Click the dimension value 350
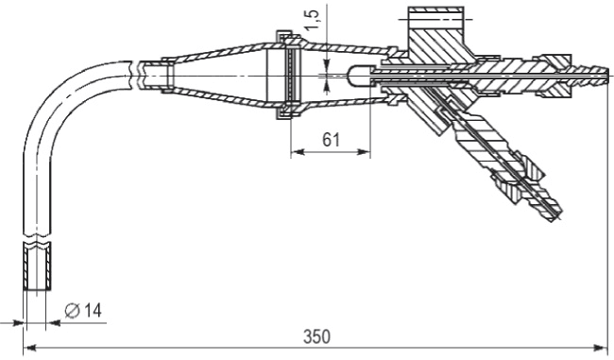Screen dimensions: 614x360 click(x=316, y=336)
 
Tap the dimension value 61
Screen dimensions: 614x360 click(x=331, y=140)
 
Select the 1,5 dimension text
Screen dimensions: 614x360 click(x=312, y=19)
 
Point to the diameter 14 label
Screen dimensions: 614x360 click(x=83, y=311)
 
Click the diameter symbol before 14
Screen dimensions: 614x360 click(x=72, y=311)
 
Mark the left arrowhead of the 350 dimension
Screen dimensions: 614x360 click(x=30, y=347)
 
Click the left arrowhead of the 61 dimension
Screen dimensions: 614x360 click(x=298, y=152)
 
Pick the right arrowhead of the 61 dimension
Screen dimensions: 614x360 click(x=363, y=152)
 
